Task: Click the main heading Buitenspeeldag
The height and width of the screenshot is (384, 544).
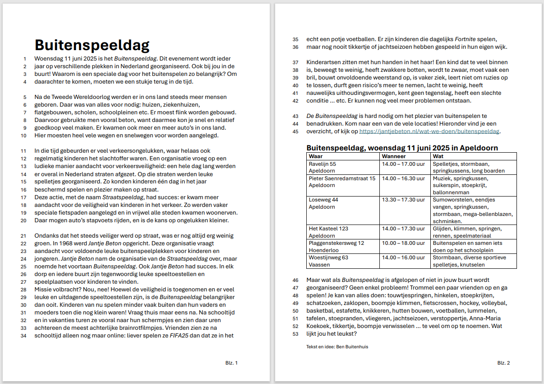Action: (92, 45)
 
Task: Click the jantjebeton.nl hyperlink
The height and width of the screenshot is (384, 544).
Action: (429, 131)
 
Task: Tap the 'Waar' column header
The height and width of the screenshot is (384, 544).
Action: (315, 156)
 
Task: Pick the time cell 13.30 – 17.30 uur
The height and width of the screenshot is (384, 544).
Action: (403, 200)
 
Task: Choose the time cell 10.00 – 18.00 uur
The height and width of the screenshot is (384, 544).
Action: (403, 243)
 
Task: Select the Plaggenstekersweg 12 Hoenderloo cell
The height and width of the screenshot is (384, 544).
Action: (336, 247)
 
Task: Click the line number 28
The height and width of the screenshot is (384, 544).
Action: (23, 290)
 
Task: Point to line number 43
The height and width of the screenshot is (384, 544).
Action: (295, 117)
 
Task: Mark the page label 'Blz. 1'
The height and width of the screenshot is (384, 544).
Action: (231, 363)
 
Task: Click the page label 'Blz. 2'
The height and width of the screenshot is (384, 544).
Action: (503, 363)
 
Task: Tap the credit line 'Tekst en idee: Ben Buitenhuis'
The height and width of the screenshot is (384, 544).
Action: (337, 347)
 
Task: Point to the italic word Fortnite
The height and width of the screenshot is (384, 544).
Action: (467, 39)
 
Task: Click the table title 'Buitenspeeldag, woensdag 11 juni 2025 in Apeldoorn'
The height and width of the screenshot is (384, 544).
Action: (402, 148)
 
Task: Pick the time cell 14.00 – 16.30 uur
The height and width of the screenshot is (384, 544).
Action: (403, 178)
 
